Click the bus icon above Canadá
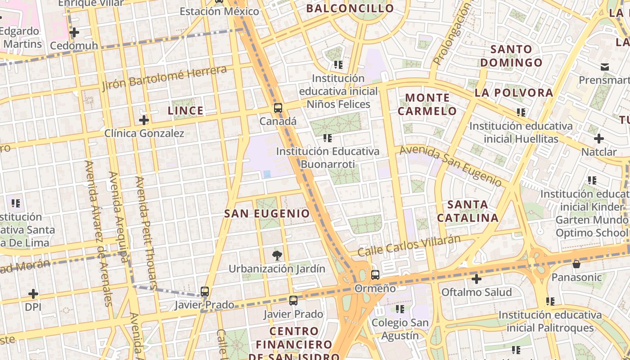(278, 108)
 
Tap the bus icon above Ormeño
(375, 274)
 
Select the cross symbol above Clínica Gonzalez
(144, 120)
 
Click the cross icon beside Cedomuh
(74, 32)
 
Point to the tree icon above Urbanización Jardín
(277, 256)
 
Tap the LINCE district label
(185, 111)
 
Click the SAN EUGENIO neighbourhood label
(267, 214)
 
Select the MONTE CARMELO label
(427, 104)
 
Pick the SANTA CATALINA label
(468, 211)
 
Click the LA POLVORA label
(513, 93)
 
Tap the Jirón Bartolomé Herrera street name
(164, 78)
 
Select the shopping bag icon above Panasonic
(576, 264)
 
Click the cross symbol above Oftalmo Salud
(477, 279)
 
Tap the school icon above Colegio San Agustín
(400, 309)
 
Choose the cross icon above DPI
(33, 294)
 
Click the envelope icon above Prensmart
(605, 67)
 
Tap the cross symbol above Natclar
(598, 139)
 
